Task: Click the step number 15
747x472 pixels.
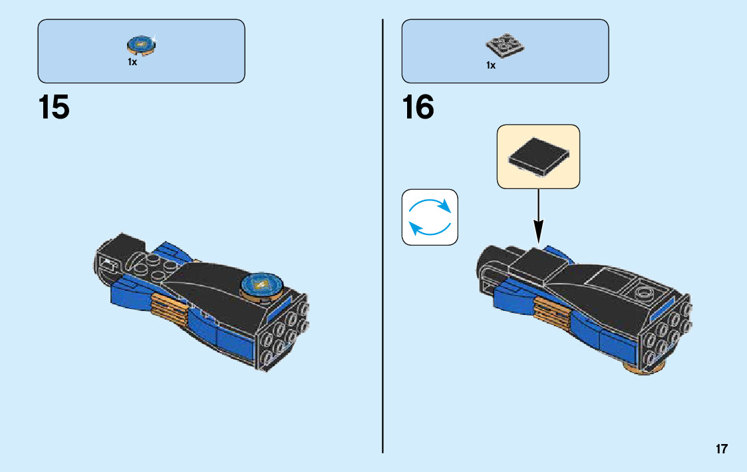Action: [x=54, y=108]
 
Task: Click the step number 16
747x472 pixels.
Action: [x=418, y=108]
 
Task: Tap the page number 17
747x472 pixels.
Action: [x=721, y=449]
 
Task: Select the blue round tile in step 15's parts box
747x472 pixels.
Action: [x=140, y=45]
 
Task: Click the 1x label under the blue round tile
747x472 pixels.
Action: [x=132, y=62]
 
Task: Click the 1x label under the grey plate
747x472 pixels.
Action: [x=491, y=65]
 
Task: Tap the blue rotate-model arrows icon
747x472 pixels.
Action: [x=430, y=217]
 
